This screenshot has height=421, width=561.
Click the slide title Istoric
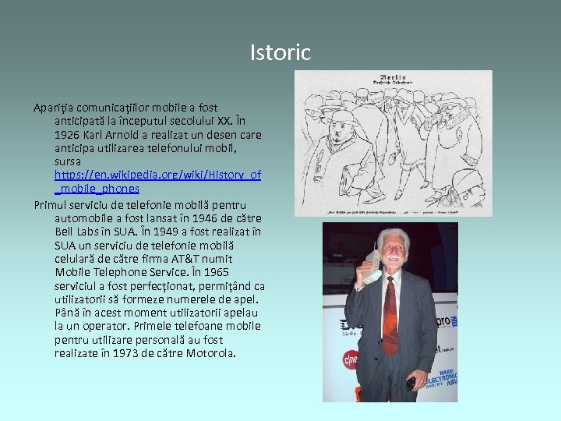(x=280, y=53)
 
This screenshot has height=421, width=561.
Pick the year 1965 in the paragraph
(x=216, y=272)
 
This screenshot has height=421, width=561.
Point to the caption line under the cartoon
(x=393, y=210)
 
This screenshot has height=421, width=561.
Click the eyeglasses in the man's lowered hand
(x=409, y=383)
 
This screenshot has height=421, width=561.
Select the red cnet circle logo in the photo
(x=351, y=359)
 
